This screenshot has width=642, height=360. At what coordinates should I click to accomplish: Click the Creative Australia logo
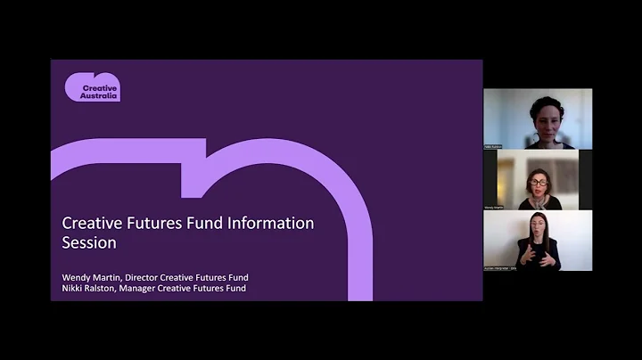coord(92,87)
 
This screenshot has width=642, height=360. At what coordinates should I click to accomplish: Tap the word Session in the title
coord(89,241)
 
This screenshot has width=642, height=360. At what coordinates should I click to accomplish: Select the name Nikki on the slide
coord(74,288)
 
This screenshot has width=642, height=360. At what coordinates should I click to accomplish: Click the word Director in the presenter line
coord(146,277)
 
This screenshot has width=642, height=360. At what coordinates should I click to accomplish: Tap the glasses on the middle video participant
coord(539,182)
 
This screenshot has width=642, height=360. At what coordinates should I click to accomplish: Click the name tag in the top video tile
coord(495,145)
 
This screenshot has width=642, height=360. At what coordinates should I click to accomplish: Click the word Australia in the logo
coord(99,95)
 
